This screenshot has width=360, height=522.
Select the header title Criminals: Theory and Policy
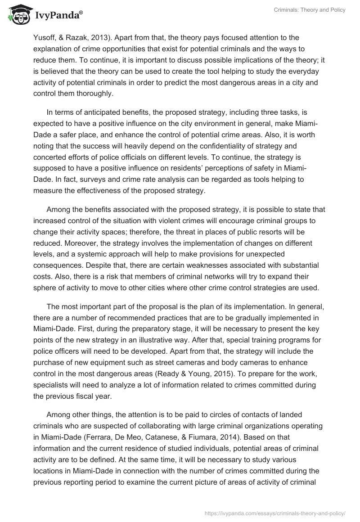click(310, 10)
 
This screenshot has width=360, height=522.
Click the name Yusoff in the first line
click(44, 37)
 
